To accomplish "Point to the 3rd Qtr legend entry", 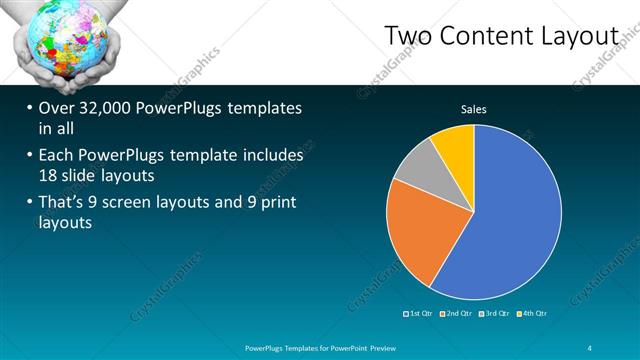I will [495, 314].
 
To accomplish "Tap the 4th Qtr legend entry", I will [532, 314].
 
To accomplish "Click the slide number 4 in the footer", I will [590, 347].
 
